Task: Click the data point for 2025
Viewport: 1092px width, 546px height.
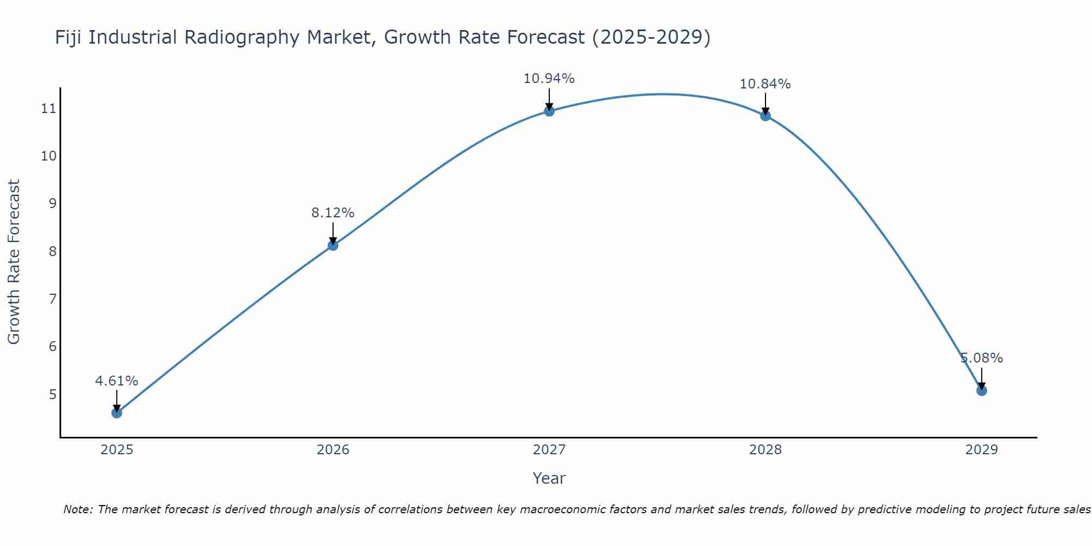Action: (x=117, y=413)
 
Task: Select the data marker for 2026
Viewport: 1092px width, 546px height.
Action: (x=333, y=245)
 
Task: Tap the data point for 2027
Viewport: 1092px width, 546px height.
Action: (x=549, y=111)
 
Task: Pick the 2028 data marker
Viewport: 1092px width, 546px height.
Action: (x=765, y=116)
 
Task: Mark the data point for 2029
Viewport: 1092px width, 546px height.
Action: (x=981, y=390)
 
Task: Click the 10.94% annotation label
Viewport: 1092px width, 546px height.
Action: (x=549, y=79)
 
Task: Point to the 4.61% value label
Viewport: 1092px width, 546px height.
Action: (x=116, y=381)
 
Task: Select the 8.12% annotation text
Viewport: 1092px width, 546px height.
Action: (x=333, y=213)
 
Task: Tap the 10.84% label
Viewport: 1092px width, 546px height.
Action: (x=765, y=84)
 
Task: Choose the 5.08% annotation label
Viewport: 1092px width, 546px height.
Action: (x=981, y=358)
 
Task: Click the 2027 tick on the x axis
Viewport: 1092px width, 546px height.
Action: (x=549, y=450)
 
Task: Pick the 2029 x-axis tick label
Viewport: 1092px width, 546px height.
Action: (x=981, y=450)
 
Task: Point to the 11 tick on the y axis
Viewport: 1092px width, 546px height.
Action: (x=49, y=109)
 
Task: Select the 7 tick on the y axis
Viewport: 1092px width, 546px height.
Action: (x=52, y=299)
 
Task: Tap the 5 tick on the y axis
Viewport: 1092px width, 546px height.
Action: (x=52, y=394)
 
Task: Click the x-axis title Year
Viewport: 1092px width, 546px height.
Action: (x=549, y=478)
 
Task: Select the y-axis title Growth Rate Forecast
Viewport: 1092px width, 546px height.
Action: (x=14, y=262)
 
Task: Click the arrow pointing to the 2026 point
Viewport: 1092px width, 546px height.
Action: (x=333, y=233)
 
